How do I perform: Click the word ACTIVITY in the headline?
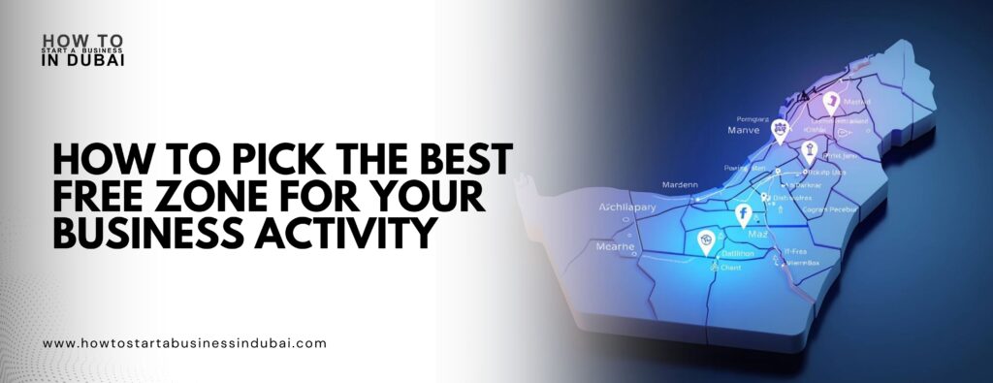point(347,234)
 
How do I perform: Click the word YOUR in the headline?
point(430,197)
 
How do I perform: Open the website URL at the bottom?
point(185,343)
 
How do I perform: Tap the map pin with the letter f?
point(744,214)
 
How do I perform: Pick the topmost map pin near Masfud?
point(830,103)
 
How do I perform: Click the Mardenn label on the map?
point(680,184)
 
